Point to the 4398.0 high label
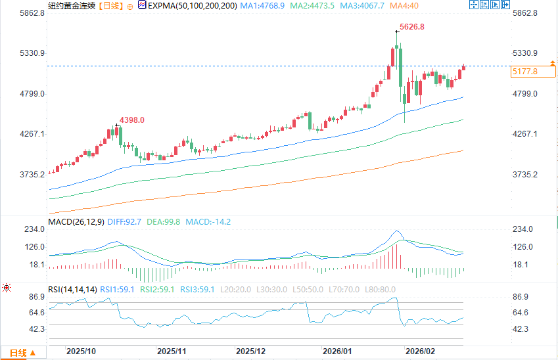pyautogui.click(x=131, y=120)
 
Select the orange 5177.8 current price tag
pyautogui.click(x=524, y=71)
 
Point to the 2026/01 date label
pyautogui.click(x=338, y=352)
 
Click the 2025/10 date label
pyautogui.click(x=82, y=352)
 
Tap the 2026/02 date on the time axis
pyautogui.click(x=421, y=352)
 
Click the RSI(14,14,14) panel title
pyautogui.click(x=72, y=289)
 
